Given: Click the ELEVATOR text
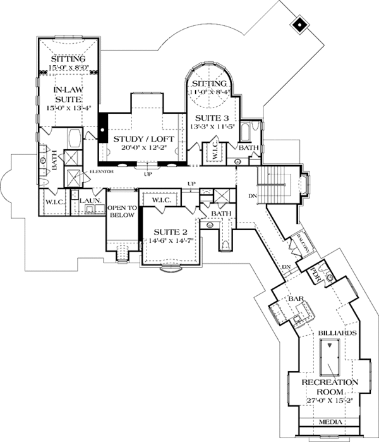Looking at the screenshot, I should (x=100, y=171).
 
